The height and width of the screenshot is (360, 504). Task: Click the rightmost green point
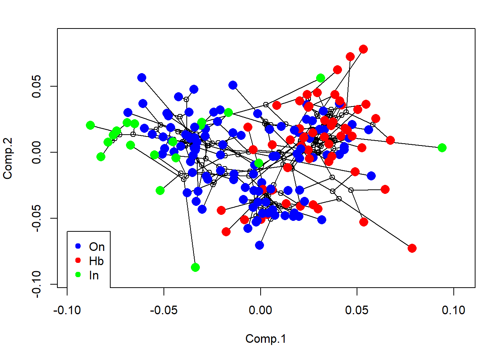[442, 148]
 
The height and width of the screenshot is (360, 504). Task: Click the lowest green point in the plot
[195, 267]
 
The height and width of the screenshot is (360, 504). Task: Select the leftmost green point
[90, 125]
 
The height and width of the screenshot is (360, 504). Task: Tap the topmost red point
[363, 49]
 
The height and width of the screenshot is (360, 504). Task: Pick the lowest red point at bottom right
[412, 248]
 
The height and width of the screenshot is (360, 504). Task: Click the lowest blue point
[259, 245]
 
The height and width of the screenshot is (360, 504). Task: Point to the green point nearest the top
[321, 78]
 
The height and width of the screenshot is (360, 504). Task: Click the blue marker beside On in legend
[78, 246]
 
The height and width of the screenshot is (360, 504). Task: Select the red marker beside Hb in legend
[78, 260]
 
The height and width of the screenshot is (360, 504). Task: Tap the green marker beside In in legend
[78, 274]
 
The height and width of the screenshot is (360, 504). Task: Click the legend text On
[97, 247]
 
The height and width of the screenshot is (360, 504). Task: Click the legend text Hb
[96, 261]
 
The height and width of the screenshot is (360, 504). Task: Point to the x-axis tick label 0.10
[454, 310]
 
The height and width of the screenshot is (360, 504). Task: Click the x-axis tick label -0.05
[163, 310]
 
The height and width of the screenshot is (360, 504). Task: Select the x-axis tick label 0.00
[261, 310]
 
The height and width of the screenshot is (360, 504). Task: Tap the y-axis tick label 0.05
[37, 87]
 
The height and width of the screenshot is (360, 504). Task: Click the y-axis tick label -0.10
[37, 284]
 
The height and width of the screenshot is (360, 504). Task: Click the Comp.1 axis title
[265, 339]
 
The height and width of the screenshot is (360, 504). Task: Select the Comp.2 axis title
[8, 158]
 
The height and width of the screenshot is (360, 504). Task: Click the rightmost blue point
[371, 176]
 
